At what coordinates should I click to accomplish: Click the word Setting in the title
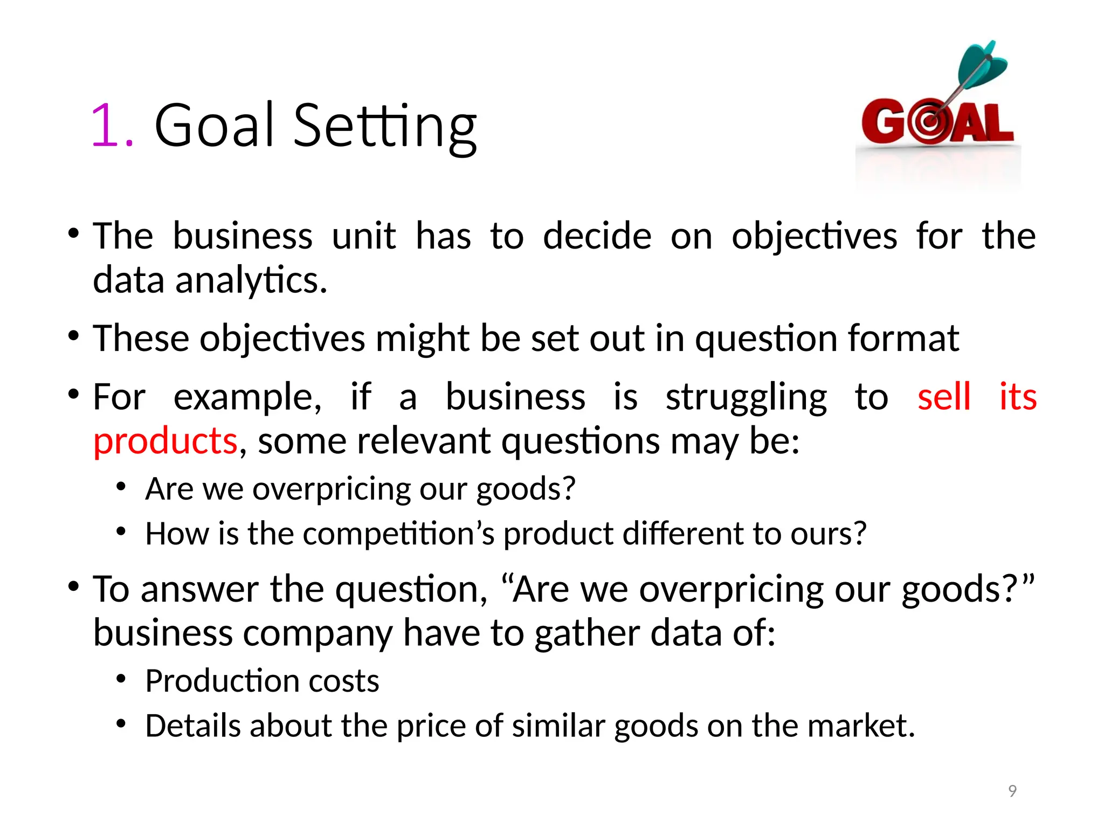click(x=384, y=127)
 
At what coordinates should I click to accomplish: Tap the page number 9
click(x=1012, y=791)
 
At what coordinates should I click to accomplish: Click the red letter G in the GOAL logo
click(x=882, y=123)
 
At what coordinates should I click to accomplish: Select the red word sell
click(x=944, y=397)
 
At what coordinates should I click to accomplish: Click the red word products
click(x=165, y=441)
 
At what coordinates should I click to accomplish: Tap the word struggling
click(x=746, y=398)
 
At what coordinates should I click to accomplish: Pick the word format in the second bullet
click(x=903, y=339)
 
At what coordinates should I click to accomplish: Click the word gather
click(x=586, y=633)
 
